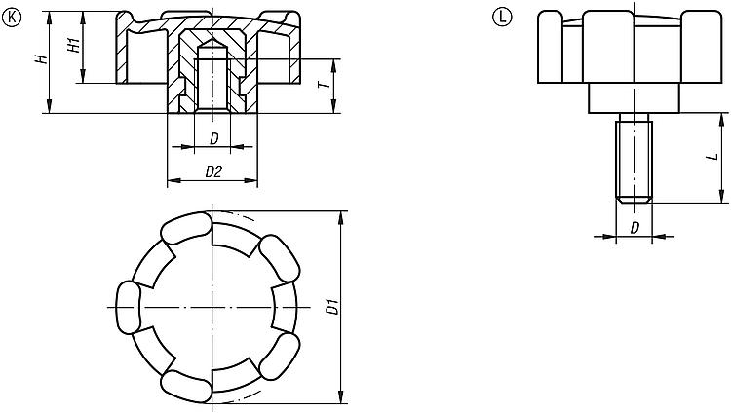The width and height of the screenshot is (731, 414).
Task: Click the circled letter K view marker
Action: click(x=12, y=18)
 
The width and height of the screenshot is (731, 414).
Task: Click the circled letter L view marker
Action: click(x=502, y=18)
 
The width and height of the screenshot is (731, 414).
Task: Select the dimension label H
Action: click(x=43, y=58)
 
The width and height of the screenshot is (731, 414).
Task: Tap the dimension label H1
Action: click(x=75, y=45)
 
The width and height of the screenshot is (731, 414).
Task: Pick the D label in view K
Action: click(x=214, y=138)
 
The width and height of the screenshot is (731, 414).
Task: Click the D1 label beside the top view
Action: click(x=332, y=308)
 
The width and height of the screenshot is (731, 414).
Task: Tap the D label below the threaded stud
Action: click(x=635, y=228)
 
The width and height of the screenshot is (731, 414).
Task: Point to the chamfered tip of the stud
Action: click(x=635, y=201)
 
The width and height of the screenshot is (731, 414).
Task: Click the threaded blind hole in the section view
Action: click(x=212, y=76)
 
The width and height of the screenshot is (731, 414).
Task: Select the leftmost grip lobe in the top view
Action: click(x=128, y=308)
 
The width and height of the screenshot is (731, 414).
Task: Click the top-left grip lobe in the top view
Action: click(x=185, y=228)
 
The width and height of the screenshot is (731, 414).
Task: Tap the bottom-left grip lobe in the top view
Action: click(x=185, y=386)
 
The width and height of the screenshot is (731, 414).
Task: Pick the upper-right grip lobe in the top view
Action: click(x=279, y=258)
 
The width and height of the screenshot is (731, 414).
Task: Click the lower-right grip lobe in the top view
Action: click(x=279, y=358)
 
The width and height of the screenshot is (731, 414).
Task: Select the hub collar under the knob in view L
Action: click(x=635, y=98)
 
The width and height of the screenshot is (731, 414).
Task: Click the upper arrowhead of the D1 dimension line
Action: click(x=341, y=217)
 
